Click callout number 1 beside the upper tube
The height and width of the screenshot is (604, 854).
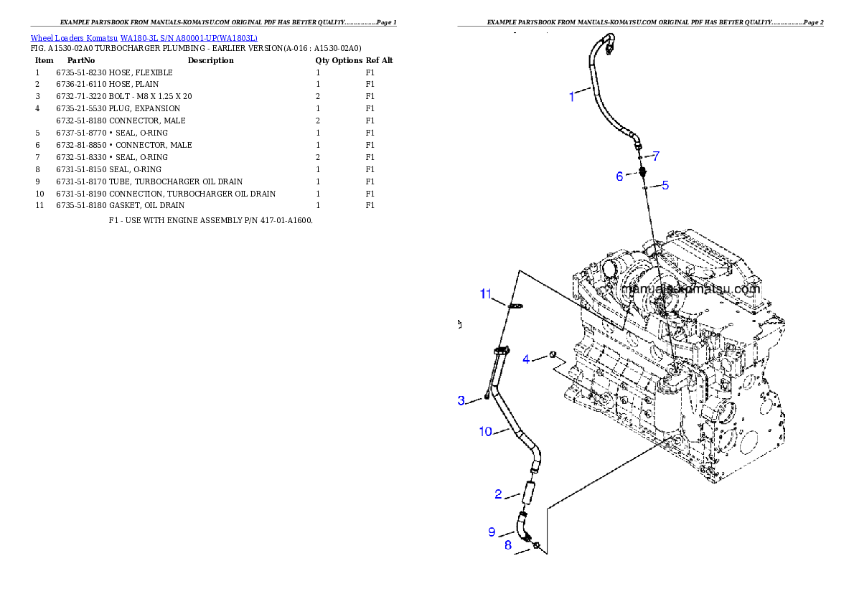tap(572, 97)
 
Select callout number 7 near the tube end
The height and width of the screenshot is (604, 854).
tap(655, 156)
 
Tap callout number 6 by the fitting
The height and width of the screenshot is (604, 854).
tap(619, 176)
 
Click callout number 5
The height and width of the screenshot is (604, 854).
tap(665, 185)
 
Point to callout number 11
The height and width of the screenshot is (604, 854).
tap(486, 294)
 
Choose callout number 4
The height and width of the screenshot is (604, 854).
tap(526, 359)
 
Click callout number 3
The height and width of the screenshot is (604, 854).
tap(461, 400)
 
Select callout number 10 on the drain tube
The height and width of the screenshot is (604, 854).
tap(486, 431)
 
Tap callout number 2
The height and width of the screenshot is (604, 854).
tap(498, 494)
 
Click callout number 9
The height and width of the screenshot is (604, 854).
tap(492, 532)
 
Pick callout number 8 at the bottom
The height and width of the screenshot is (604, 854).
tap(507, 545)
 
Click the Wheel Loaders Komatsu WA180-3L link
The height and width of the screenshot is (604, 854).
tap(144, 38)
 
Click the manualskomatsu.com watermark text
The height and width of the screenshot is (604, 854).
tap(690, 290)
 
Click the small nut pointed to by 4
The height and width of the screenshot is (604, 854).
tap(553, 354)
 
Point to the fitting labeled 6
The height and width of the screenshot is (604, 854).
tap(644, 171)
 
